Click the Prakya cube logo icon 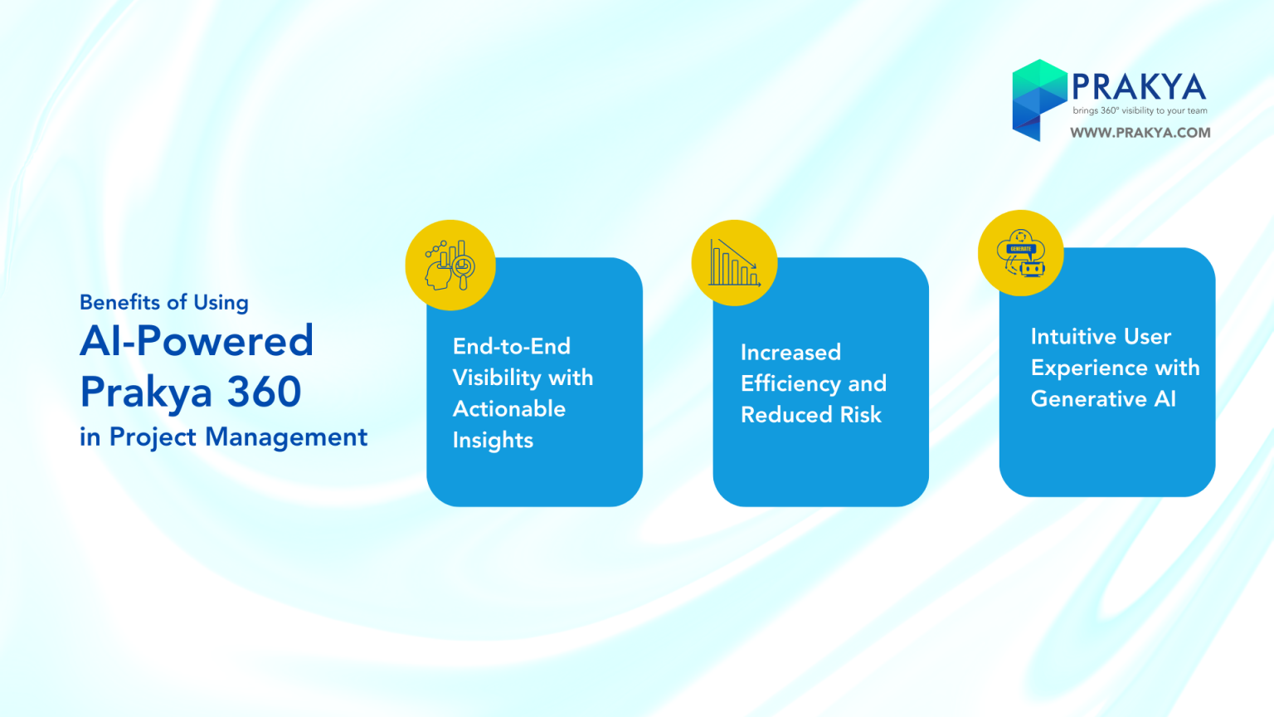pos(1039,100)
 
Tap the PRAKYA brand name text pos(1139,87)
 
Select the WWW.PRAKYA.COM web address pos(1140,133)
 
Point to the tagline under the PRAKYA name pos(1140,110)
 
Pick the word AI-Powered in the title pos(197,340)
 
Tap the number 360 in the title pos(264,392)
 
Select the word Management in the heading pos(286,437)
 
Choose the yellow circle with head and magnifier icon pos(450,266)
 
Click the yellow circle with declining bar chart pos(735,263)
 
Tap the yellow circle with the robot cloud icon pos(1021,252)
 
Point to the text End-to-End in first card pos(511,346)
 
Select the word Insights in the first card pos(494,441)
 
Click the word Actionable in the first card pos(509,408)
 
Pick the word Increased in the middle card pos(790,352)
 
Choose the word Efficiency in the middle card pos(790,384)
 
